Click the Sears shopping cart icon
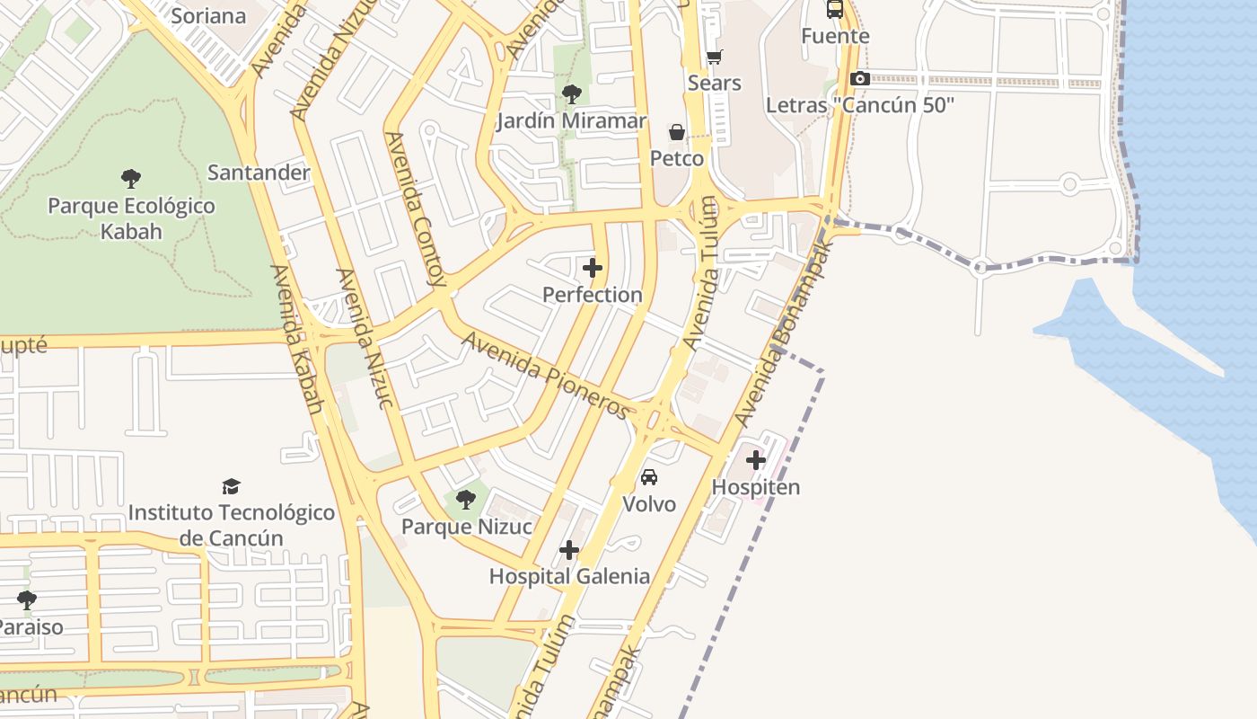[x=714, y=58]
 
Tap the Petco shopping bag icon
[x=677, y=132]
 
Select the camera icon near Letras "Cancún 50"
[x=859, y=79]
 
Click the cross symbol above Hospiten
[x=756, y=461]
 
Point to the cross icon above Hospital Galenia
[x=569, y=550]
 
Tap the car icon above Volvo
[x=649, y=476]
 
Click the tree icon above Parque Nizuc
[x=465, y=499]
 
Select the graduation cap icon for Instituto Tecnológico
[x=232, y=486]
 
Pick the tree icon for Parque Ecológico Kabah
[x=131, y=178]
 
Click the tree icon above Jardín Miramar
[x=571, y=93]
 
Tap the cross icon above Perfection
[x=593, y=268]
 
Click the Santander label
[x=259, y=173]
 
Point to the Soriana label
[x=208, y=16]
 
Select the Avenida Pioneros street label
[x=547, y=375]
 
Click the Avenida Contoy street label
[x=416, y=209]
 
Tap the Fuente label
[x=835, y=36]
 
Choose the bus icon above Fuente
[x=835, y=9]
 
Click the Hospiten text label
[x=756, y=487]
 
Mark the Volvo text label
[x=649, y=504]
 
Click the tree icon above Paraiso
[x=27, y=599]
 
